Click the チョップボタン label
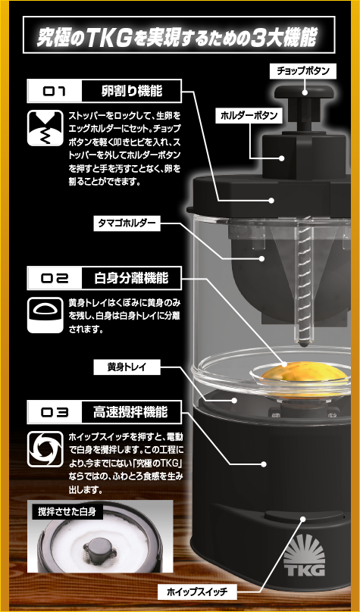303,71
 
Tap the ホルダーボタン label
249,115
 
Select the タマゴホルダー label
127,224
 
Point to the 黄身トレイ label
127,367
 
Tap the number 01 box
55,92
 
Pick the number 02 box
55,278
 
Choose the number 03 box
55,412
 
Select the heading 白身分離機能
131,278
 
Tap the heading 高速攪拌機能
130,412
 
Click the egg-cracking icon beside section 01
45,128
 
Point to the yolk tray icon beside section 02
45,315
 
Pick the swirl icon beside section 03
45,449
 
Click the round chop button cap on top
304,92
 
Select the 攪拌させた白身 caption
67,512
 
